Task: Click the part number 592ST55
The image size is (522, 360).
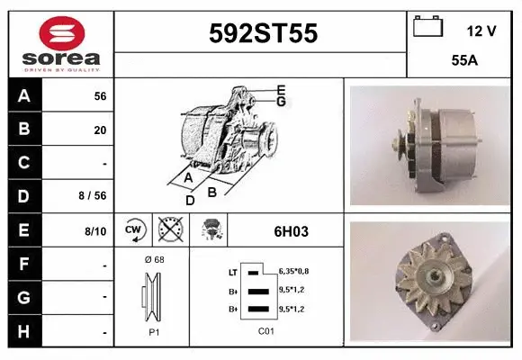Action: [x=262, y=33]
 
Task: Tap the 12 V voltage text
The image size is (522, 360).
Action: [x=481, y=31]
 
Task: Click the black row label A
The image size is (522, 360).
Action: [x=24, y=96]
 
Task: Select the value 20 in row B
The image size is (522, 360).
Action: [x=100, y=130]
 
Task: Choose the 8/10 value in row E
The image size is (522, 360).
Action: [x=95, y=231]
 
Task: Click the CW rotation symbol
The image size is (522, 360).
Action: [x=133, y=230]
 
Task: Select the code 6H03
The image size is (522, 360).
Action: [x=291, y=231]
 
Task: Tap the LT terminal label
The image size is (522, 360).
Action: [x=233, y=271]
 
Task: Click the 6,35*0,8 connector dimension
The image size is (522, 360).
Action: [x=293, y=270]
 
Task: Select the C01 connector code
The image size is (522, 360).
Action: [x=266, y=331]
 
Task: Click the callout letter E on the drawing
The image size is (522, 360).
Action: [x=281, y=89]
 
